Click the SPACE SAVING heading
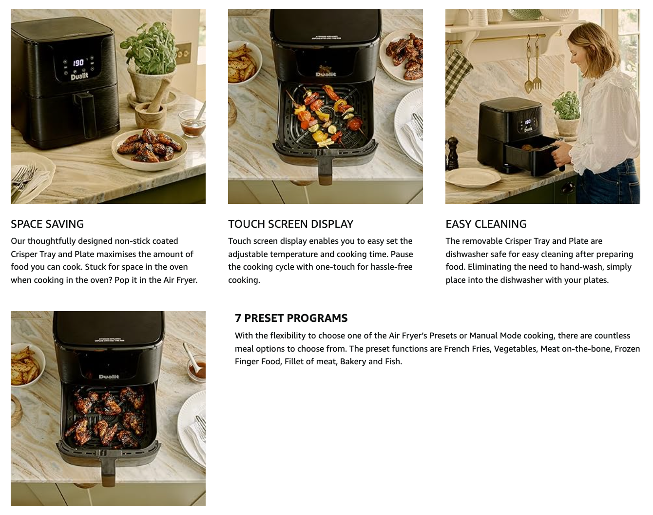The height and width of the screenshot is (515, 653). tap(47, 224)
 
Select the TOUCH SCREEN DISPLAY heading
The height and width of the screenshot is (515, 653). tap(291, 224)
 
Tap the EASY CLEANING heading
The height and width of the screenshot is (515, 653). tap(486, 224)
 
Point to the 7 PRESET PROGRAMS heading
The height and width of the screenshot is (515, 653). tap(291, 318)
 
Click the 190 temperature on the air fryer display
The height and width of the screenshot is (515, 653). tap(78, 62)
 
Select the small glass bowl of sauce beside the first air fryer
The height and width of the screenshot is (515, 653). tap(192, 123)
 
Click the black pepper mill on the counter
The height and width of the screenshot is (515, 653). tap(452, 153)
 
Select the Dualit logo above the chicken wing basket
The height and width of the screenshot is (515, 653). tap(109, 376)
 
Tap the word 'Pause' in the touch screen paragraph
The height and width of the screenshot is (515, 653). tap(402, 254)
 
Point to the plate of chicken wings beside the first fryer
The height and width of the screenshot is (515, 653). tap(149, 149)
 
